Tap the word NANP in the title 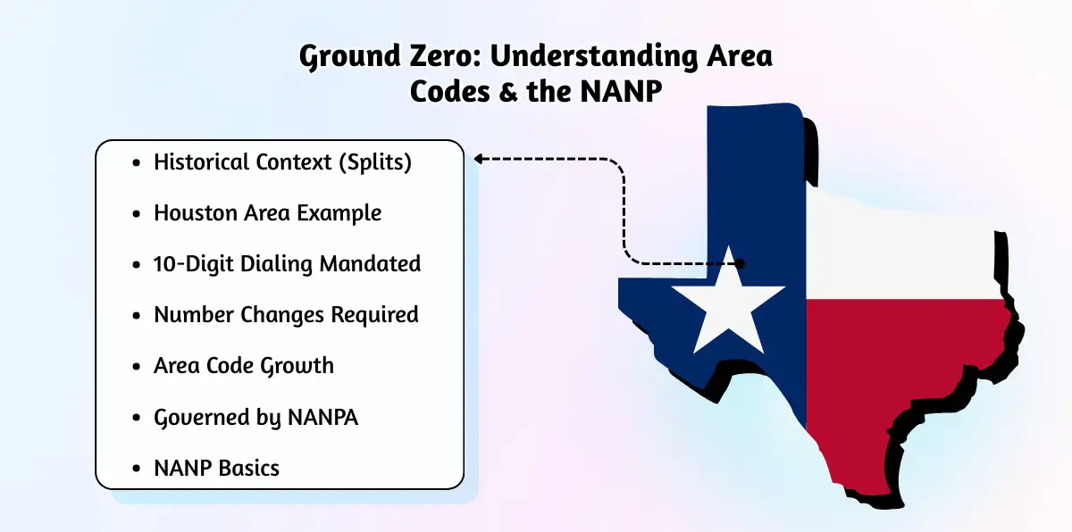pyautogui.click(x=621, y=91)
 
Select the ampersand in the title pyautogui.click(x=508, y=92)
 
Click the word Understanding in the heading pyautogui.click(x=594, y=57)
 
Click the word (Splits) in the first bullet pyautogui.click(x=375, y=162)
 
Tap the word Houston pyautogui.click(x=196, y=212)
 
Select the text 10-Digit pyautogui.click(x=193, y=264)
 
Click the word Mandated pyautogui.click(x=370, y=264)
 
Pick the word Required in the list pyautogui.click(x=374, y=315)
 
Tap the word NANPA pyautogui.click(x=322, y=417)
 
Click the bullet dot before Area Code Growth pyautogui.click(x=137, y=367)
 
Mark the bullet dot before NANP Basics pyautogui.click(x=137, y=469)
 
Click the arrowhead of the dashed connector pyautogui.click(x=478, y=159)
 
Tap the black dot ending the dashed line pyautogui.click(x=740, y=263)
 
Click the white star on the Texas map pyautogui.click(x=728, y=306)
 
